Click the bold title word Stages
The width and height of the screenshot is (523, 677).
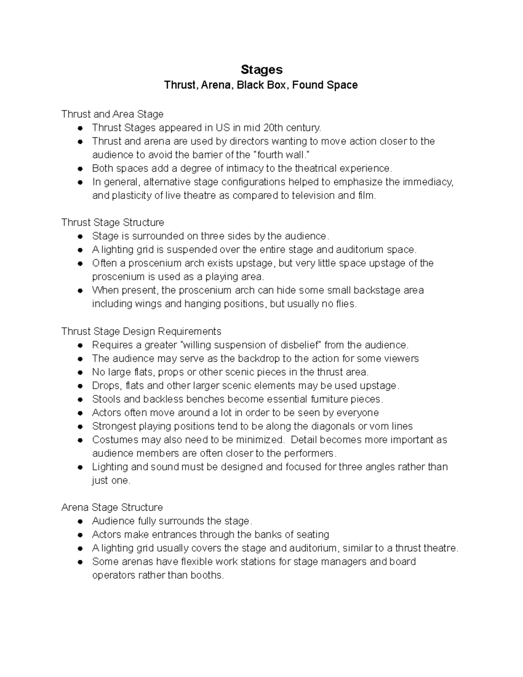click(261, 70)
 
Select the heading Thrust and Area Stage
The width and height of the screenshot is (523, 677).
click(112, 114)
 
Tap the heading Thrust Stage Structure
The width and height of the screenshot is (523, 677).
click(112, 223)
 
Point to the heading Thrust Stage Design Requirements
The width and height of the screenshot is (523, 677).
click(141, 331)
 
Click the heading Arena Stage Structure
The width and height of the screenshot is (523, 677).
click(112, 507)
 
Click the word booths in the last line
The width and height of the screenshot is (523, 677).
click(209, 575)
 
